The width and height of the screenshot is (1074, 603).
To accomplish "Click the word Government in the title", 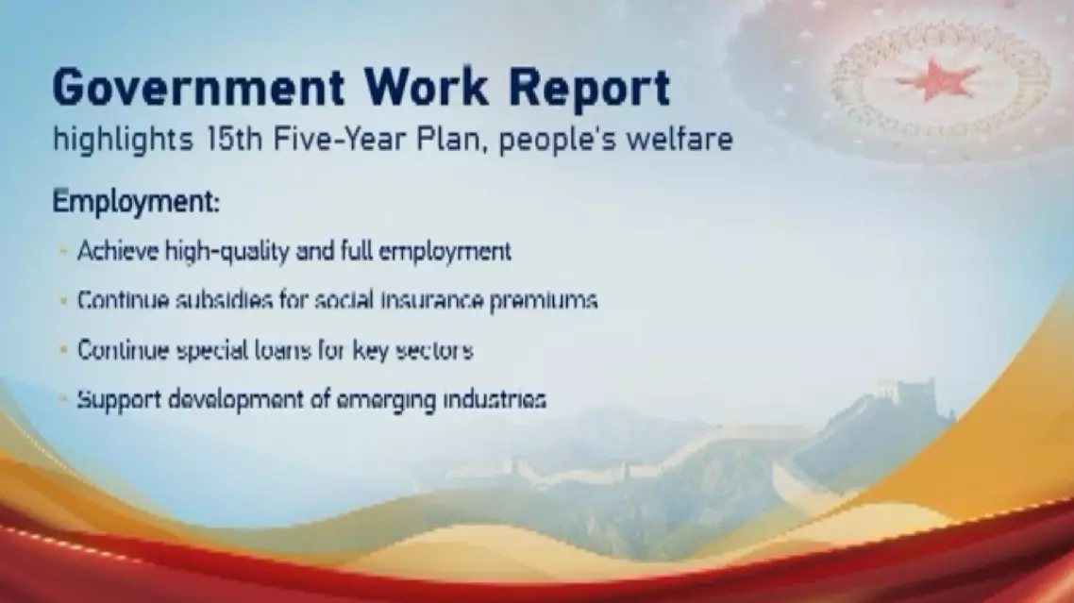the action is (x=198, y=88).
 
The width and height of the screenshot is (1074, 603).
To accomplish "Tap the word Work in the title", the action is (x=426, y=87).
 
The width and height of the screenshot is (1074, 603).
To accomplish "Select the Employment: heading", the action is (x=136, y=201).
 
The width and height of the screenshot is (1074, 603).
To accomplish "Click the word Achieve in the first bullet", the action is (x=117, y=251).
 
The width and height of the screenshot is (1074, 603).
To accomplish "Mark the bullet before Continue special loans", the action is (x=63, y=350).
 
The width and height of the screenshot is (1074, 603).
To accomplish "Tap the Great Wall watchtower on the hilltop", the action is (x=915, y=396).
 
